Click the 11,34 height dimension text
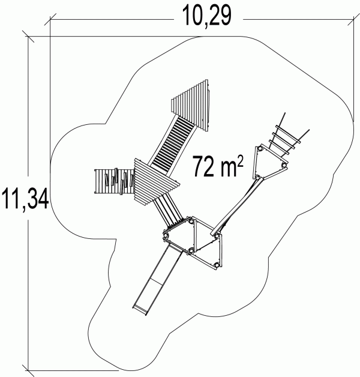click(25, 199)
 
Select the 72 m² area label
click(218, 166)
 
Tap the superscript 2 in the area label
click(241, 160)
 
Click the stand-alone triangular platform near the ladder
click(269, 163)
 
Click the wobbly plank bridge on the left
click(115, 181)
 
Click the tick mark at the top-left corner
click(28, 37)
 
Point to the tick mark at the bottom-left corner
click(28, 371)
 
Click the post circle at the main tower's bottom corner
click(217, 265)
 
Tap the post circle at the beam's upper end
click(257, 178)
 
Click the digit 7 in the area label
click(199, 166)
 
